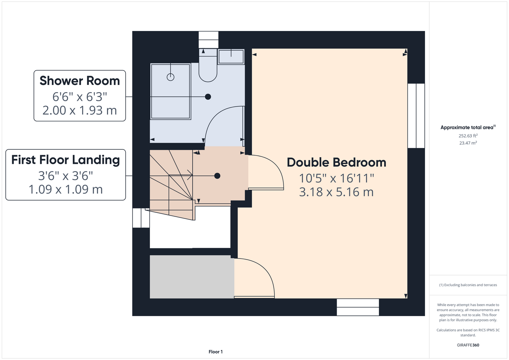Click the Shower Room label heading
coord(80,81)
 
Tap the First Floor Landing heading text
coord(66,160)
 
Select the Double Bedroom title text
coord(336,162)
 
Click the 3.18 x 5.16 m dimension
coord(336,192)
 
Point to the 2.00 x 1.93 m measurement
coord(80,111)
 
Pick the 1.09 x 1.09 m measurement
coord(66,189)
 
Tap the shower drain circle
coord(170,77)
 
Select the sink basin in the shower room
coord(231,57)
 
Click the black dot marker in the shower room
coord(208,97)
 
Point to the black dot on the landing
coord(217,176)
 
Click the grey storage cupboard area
coord(192,276)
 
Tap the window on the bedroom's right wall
coord(416,116)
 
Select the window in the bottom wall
coord(358,307)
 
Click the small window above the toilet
coord(208,40)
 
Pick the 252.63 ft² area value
coord(468,136)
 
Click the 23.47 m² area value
coord(468,143)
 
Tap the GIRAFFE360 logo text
coord(468,345)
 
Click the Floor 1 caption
coord(216,352)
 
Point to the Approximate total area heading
coord(468,127)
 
